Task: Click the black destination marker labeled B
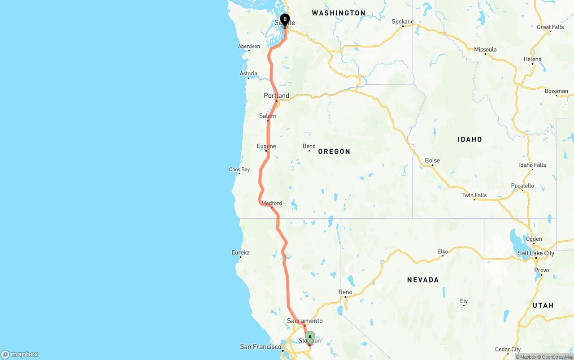[x=285, y=20]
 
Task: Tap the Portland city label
[x=276, y=95]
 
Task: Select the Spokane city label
[x=403, y=22]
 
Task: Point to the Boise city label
[x=432, y=160]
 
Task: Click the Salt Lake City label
[x=536, y=253]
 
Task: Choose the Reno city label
[x=345, y=292]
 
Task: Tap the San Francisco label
[x=261, y=347]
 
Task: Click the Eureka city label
[x=240, y=252]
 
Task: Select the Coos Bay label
[x=239, y=169]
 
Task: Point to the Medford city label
[x=272, y=203]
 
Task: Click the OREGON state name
[x=334, y=152]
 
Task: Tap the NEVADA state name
[x=422, y=280]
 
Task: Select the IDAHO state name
[x=470, y=139]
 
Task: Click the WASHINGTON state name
[x=339, y=13]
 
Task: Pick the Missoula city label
[x=485, y=49]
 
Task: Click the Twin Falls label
[x=474, y=195]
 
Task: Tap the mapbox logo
[x=20, y=354]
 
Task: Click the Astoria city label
[x=248, y=74]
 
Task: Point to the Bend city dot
[x=309, y=151]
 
